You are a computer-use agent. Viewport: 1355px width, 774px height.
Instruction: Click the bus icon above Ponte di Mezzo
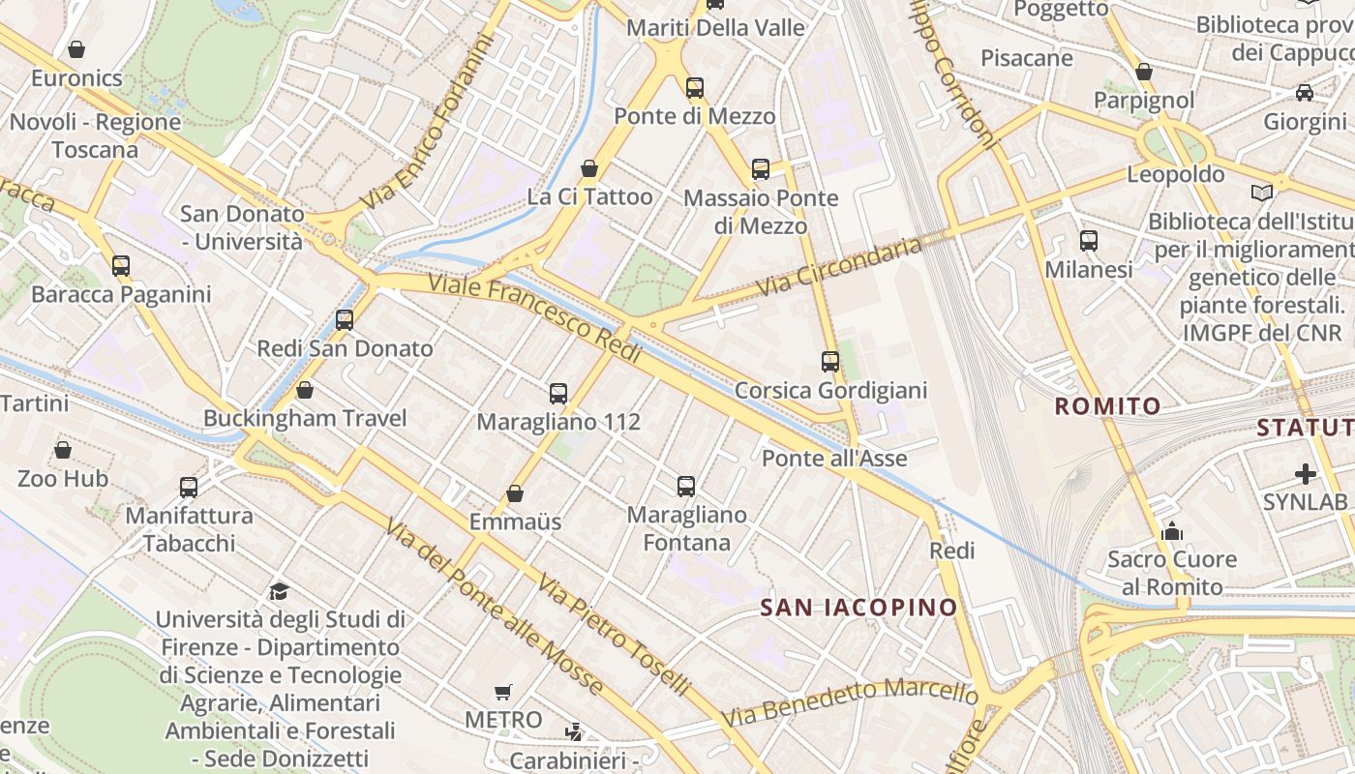point(695,88)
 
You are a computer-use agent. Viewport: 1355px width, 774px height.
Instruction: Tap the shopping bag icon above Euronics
point(76,49)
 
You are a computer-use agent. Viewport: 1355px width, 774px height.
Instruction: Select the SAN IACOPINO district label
point(858,608)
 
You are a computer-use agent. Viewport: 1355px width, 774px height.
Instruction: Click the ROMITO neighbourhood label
point(1107,406)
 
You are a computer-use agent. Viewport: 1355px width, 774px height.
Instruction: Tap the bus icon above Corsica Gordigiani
point(830,362)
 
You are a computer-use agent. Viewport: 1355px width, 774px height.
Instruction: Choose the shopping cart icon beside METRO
point(502,692)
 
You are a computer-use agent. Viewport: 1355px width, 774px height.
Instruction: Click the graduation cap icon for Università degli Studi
point(279,591)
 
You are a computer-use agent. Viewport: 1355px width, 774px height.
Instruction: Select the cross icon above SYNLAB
point(1306,474)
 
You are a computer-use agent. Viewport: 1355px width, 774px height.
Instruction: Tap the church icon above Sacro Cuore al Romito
point(1172,531)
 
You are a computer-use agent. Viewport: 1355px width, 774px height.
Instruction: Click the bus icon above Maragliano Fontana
point(686,486)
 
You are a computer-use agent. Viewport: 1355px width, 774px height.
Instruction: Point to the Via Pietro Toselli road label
point(615,636)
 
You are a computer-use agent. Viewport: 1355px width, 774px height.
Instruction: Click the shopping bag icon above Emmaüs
point(515,493)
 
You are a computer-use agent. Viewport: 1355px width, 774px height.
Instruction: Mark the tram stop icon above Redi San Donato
point(345,320)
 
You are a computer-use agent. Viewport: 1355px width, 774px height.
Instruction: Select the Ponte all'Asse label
point(834,458)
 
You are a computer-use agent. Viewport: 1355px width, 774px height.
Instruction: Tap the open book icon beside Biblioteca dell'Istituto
point(1261,193)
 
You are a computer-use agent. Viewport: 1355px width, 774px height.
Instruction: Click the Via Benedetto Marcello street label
point(850,703)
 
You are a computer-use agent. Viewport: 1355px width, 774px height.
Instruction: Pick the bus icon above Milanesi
point(1089,241)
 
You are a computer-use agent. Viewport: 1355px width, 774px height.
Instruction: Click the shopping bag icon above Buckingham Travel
point(305,390)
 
